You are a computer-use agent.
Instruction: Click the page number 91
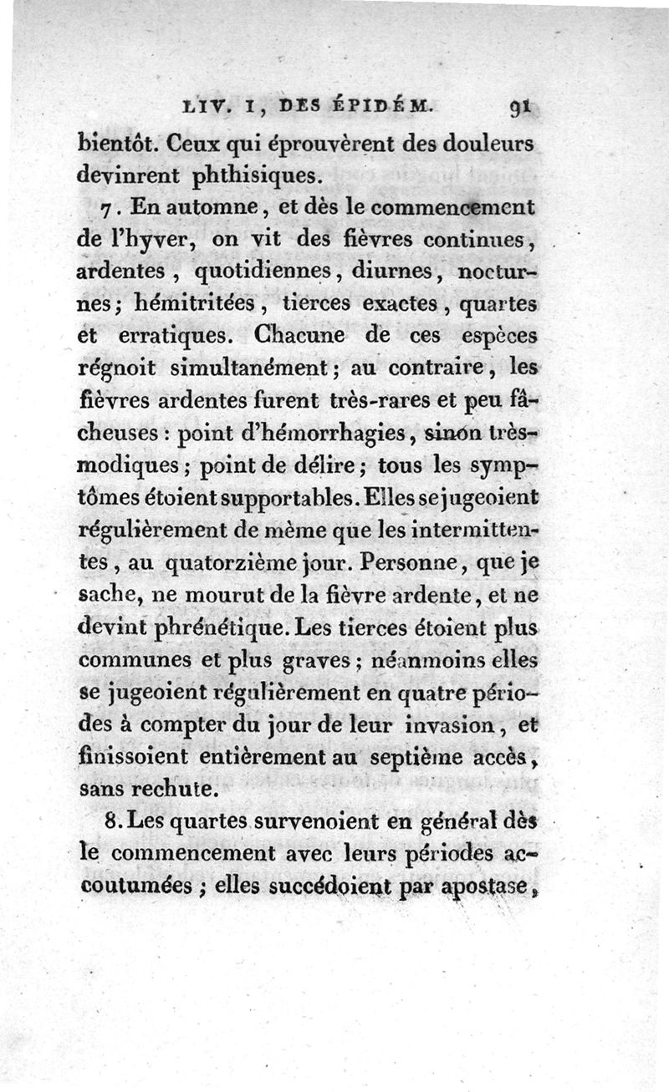click(x=518, y=107)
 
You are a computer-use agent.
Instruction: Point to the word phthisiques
click(x=227, y=176)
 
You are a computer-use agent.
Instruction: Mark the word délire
click(x=327, y=465)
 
